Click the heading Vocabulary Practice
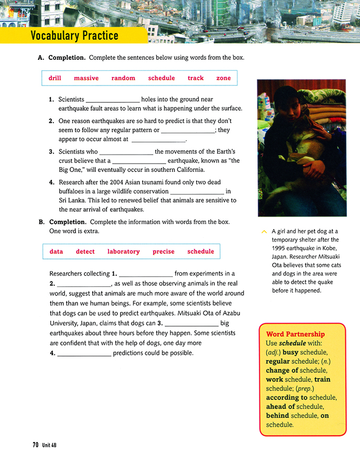pyautogui.click(x=74, y=36)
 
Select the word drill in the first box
pyautogui.click(x=55, y=78)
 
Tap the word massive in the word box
pyautogui.click(x=86, y=78)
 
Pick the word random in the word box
pyautogui.click(x=123, y=78)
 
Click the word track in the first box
pyautogui.click(x=195, y=78)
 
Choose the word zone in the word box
pyautogui.click(x=223, y=78)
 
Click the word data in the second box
pyautogui.click(x=56, y=252)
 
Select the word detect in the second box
pyautogui.click(x=85, y=252)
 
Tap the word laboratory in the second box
pyautogui.click(x=123, y=252)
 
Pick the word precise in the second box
pyautogui.click(x=163, y=252)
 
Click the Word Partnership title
pyautogui.click(x=295, y=334)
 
